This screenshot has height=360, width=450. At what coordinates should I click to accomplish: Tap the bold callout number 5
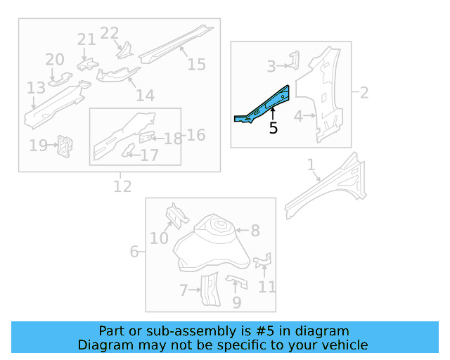[x=273, y=128]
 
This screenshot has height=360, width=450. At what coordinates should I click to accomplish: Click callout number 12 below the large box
[x=122, y=186]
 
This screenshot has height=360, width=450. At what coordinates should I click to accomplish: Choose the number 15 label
[x=196, y=64]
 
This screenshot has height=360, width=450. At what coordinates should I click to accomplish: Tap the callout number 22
[x=110, y=33]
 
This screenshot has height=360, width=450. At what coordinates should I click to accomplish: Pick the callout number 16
[x=195, y=134]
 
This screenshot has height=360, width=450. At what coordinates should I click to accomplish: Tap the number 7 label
[x=183, y=290]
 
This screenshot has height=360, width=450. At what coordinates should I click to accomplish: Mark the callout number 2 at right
[x=364, y=92]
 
